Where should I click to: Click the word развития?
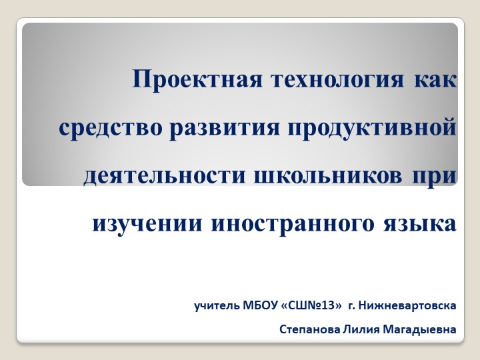[223, 127]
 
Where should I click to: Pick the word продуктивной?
[372, 127]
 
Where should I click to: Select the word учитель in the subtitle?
[214, 306]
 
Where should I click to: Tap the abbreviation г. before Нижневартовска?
[351, 306]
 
